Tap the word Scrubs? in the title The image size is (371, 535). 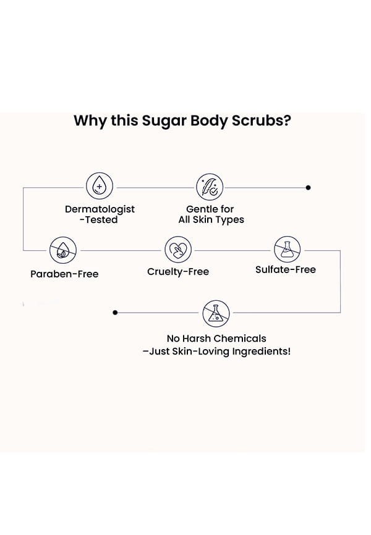coord(260,120)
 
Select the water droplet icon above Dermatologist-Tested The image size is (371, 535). coord(99,187)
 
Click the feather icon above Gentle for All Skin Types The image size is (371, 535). coord(210,187)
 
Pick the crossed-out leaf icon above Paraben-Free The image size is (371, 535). coord(63,250)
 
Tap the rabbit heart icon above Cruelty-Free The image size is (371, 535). coord(178,250)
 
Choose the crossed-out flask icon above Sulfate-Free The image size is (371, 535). coord(288,250)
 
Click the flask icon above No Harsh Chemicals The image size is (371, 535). coord(216,313)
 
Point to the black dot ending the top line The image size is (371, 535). coord(309,187)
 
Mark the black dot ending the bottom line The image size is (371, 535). coord(115,313)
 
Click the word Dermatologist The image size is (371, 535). coord(100,209)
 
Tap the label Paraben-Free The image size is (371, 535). coord(64,274)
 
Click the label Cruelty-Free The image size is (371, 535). coord(178,272)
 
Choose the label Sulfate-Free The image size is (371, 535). coord(286,270)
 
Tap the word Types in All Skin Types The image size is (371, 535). coord(230,220)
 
